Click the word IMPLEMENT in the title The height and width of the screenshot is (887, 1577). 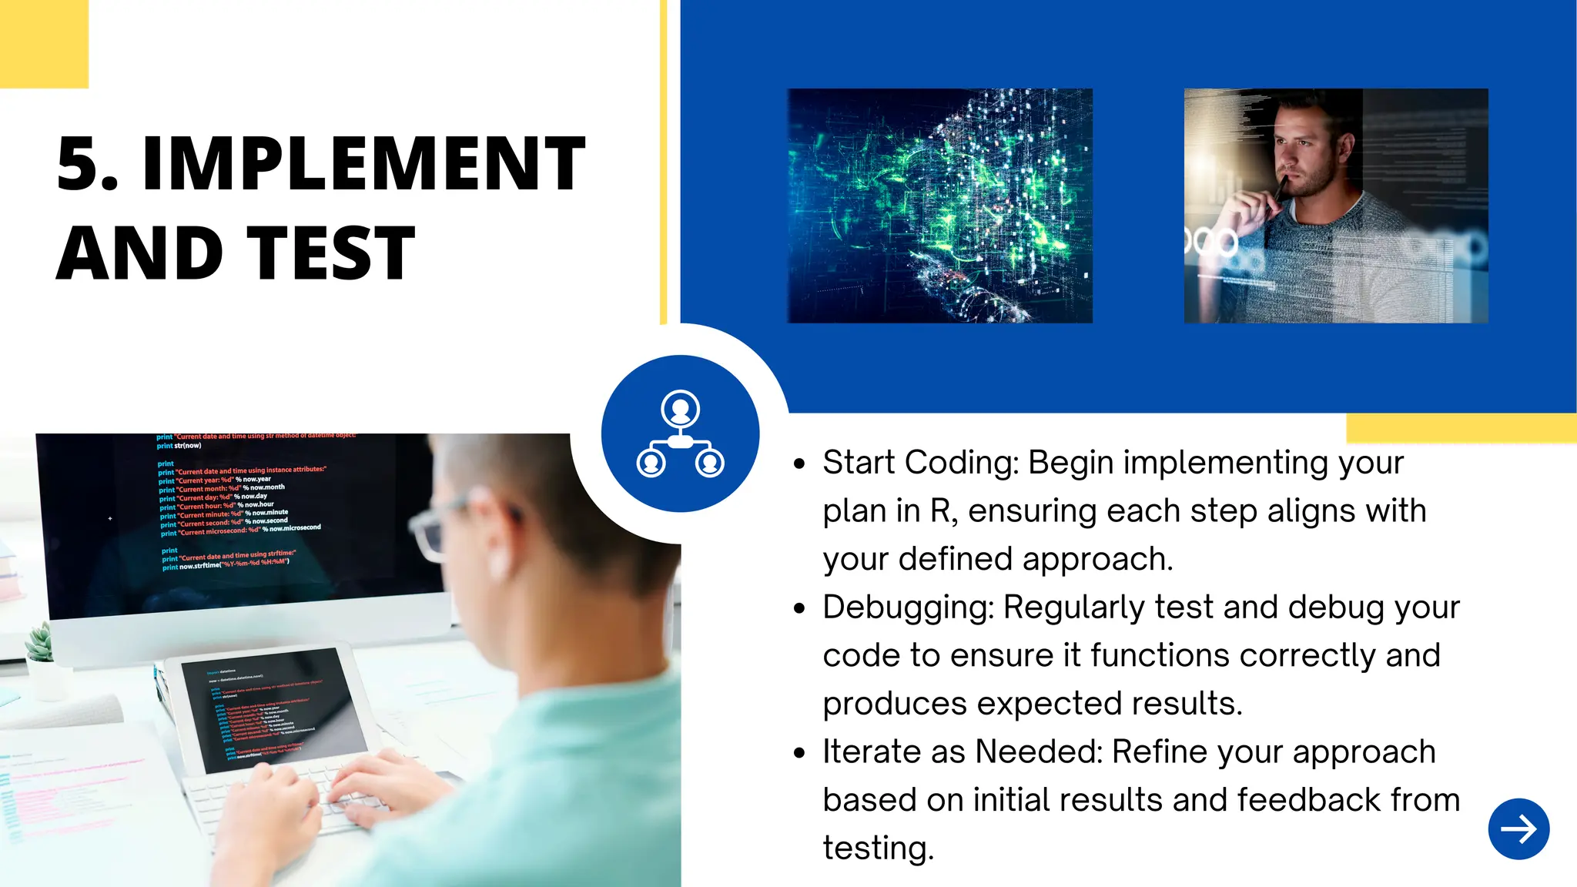tap(363, 163)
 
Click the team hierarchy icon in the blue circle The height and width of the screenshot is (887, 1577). tap(680, 433)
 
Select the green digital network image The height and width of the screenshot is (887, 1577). tap(939, 206)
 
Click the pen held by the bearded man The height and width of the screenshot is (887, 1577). tap(1279, 189)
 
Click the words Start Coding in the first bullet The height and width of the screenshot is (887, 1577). tap(920, 463)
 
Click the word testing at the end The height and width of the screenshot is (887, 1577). tap(878, 849)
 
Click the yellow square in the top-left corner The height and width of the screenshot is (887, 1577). tap(44, 44)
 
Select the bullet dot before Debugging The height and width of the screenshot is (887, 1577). tap(799, 608)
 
